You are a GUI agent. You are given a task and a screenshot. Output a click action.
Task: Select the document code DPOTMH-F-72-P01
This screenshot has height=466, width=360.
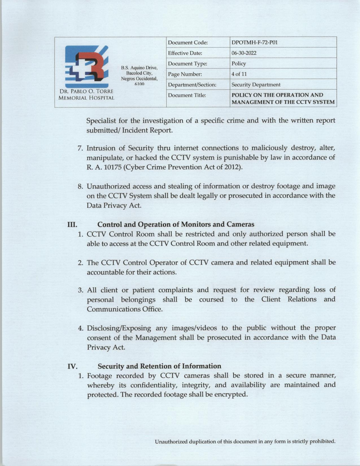(x=253, y=43)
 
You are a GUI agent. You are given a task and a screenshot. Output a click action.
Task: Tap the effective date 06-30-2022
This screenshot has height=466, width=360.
(x=244, y=53)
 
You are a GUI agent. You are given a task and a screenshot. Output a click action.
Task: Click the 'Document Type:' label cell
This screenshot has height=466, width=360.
(x=187, y=64)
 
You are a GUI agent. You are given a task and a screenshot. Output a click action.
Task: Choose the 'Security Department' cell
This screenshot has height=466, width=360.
(x=256, y=85)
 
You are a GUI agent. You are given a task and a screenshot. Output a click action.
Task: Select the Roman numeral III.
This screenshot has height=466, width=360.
(x=72, y=225)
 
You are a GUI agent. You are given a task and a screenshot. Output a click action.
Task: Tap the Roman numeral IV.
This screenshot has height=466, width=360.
(x=72, y=367)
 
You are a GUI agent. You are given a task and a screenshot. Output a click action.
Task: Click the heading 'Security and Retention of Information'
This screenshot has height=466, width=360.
(x=159, y=366)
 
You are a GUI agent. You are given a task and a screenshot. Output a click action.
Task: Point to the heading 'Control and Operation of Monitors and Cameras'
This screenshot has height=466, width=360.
(x=176, y=225)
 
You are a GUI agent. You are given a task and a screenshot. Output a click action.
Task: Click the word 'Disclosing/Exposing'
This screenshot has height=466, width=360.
(x=119, y=328)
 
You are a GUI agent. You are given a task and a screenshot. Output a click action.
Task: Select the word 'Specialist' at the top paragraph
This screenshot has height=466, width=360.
(x=101, y=121)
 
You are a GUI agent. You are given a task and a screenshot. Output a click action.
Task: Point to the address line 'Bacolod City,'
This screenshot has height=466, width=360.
(x=139, y=73)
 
